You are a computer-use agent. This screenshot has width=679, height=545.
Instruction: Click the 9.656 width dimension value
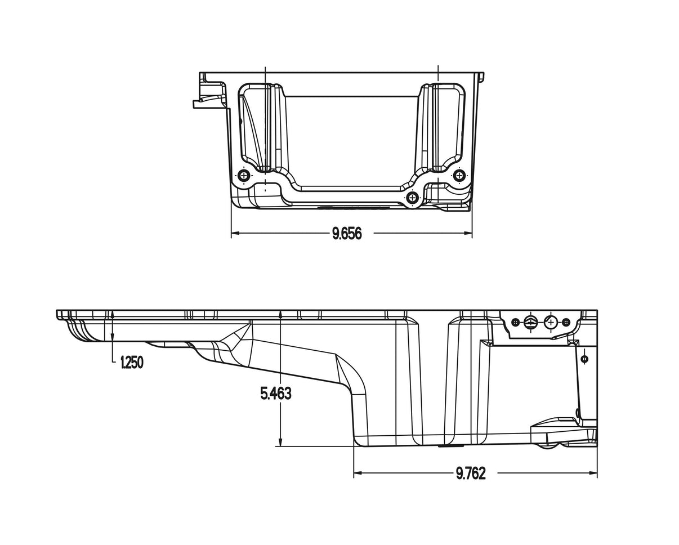point(346,234)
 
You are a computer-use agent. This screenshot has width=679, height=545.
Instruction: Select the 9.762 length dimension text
point(470,473)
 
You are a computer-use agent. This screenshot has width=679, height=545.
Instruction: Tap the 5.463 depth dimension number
point(276,394)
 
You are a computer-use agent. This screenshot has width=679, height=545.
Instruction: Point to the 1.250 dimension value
point(132,363)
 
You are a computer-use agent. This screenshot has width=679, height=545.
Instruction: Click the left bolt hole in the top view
point(244,176)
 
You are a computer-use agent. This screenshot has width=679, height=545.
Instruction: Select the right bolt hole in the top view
point(460,176)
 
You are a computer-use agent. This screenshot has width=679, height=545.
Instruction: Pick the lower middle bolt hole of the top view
point(413,197)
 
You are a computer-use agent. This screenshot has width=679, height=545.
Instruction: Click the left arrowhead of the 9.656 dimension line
point(235,233)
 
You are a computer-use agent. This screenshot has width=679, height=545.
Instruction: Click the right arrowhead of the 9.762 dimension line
point(593,473)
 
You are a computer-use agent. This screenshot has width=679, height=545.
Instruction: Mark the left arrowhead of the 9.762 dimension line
point(357,473)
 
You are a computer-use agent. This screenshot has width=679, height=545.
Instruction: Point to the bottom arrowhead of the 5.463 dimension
point(280,443)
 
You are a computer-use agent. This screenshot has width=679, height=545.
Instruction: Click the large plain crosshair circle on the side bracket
point(551,322)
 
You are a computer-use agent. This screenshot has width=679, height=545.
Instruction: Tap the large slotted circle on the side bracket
point(530,322)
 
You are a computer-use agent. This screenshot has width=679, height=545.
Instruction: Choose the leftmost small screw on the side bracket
point(515,322)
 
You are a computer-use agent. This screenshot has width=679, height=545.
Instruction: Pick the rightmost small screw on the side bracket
point(566,322)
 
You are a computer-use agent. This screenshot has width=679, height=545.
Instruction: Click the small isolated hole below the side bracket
point(584,359)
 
